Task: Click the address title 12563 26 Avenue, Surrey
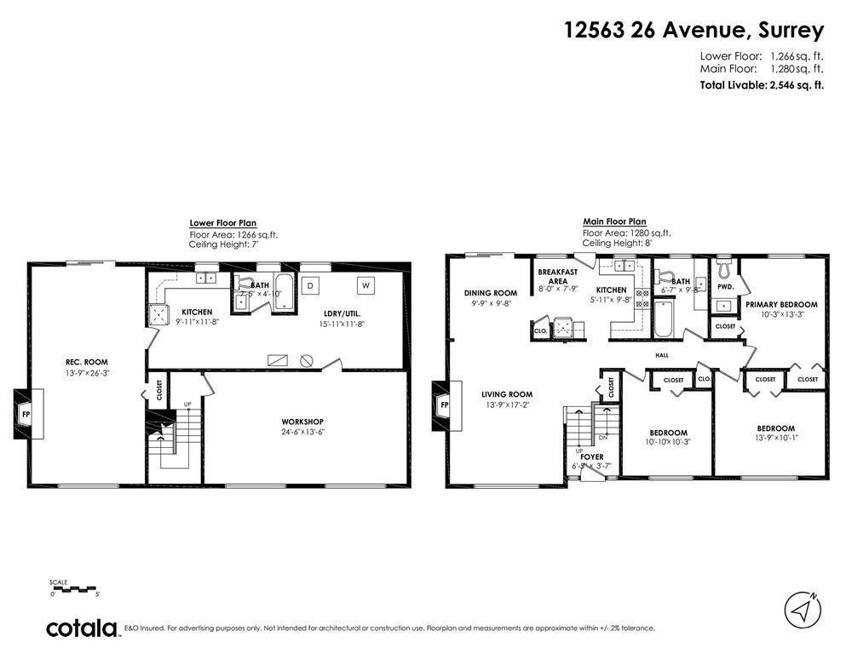[693, 31]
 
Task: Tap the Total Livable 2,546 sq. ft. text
[762, 85]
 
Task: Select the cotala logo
[82, 628]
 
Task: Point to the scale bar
[74, 588]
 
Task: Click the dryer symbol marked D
[311, 284]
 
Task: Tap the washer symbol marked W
[365, 284]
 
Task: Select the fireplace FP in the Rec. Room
[25, 415]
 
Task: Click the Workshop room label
[302, 422]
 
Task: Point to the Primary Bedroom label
[781, 304]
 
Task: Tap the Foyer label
[591, 457]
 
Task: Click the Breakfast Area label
[558, 277]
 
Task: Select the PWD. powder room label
[725, 287]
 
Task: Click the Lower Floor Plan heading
[222, 222]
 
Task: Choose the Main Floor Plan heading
[614, 221]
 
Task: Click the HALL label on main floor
[661, 356]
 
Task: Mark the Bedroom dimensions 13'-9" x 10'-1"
[775, 438]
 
